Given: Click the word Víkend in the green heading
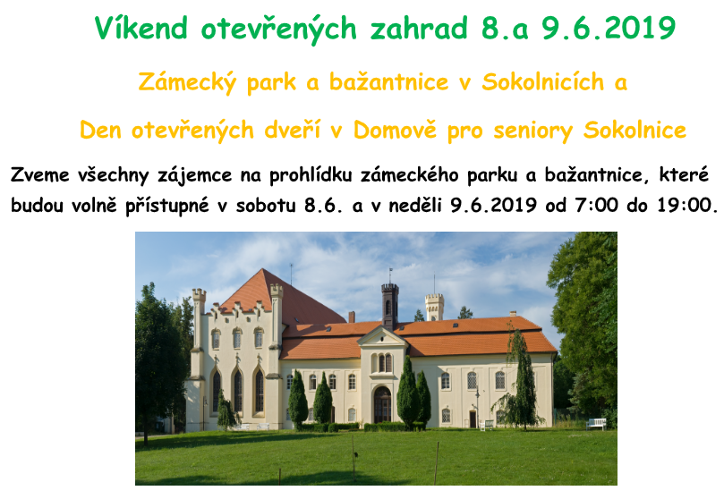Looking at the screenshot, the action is pos(141,28).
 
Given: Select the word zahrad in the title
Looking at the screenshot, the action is pos(419,28).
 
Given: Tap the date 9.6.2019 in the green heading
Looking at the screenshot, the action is pos(609,28).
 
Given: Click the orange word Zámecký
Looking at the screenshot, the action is pos(187,82).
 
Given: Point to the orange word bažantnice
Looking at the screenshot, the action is pos(388,82).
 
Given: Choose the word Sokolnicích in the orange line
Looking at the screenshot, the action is pos(543,82).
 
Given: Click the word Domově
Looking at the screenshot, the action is pos(395,130).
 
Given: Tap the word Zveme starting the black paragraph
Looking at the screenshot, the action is pos(40,175).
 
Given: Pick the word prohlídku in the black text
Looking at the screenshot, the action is pos(311,175).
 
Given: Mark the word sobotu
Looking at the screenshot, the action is pos(266,205).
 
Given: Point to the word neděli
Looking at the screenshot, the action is pos(415,205).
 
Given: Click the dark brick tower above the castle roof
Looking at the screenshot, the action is pos(390,305).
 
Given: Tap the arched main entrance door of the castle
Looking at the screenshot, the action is pos(382,404).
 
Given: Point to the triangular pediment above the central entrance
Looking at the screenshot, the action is pos(382,336).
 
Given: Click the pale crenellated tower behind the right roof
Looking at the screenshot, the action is pos(434,306).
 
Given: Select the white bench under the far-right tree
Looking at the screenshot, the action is pos(597,424).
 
